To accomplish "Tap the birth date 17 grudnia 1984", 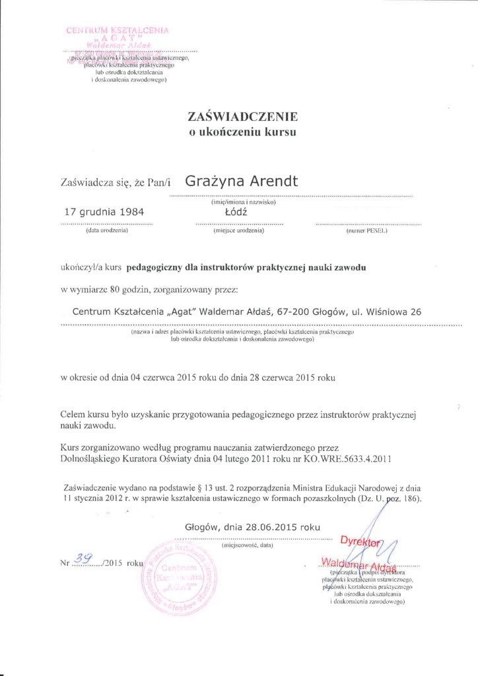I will (x=102, y=213).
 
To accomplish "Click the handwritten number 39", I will (x=84, y=558).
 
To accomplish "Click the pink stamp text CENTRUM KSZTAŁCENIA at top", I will (x=118, y=30).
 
